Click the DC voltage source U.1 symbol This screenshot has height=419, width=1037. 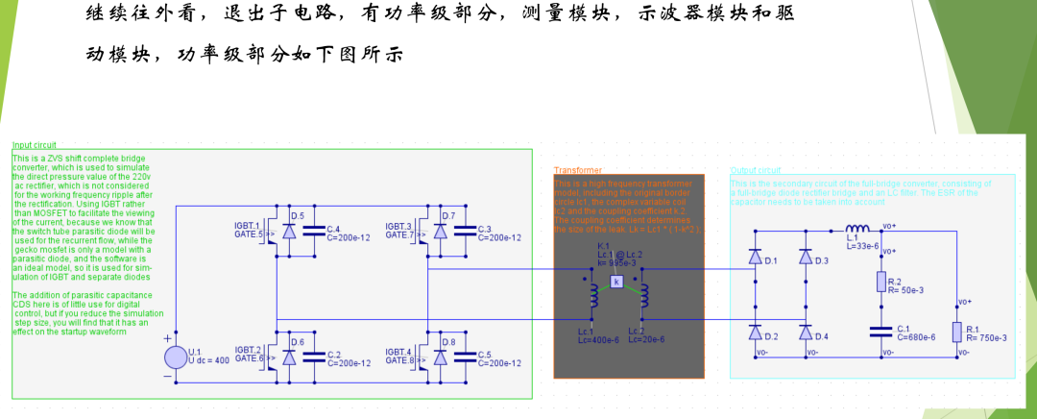(177, 357)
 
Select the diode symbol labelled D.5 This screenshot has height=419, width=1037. (289, 232)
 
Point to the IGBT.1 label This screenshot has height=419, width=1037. (248, 226)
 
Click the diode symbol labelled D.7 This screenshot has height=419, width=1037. (441, 232)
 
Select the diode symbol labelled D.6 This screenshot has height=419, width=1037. (289, 357)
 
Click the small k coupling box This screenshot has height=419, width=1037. (616, 282)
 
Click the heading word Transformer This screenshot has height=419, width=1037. (577, 169)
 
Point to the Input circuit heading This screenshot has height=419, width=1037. (35, 145)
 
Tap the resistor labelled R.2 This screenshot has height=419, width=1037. (880, 282)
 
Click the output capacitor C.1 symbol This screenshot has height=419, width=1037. (880, 332)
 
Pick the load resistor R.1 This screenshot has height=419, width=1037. (955, 332)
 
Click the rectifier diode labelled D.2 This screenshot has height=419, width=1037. (755, 333)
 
